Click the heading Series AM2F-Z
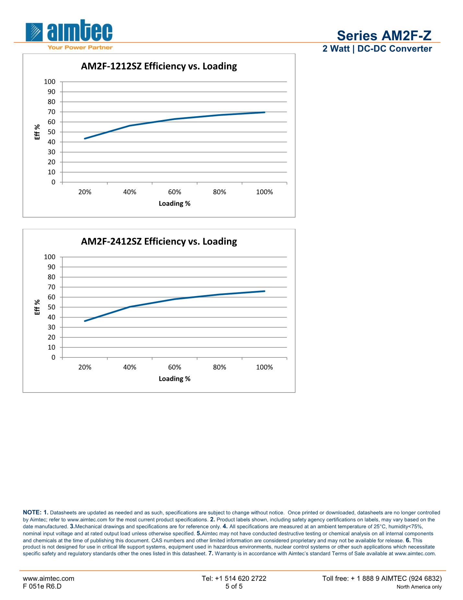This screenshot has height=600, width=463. [x=384, y=35]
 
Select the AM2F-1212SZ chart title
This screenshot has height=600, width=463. [x=159, y=66]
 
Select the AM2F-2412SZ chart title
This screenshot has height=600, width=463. [x=159, y=242]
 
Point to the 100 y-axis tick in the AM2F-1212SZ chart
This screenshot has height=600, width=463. [x=50, y=81]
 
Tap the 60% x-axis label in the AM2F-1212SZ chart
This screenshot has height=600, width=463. [x=174, y=192]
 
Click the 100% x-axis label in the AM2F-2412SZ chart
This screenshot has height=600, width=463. [x=264, y=367]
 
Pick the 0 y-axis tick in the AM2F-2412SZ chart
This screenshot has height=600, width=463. [x=53, y=357]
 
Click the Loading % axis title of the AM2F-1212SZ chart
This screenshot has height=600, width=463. [x=174, y=204]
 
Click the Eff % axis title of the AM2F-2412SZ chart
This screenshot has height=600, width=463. [x=38, y=307]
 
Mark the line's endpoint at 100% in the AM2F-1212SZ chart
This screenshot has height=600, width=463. [x=265, y=112]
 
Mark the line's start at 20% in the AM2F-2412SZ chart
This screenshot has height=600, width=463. [x=85, y=321]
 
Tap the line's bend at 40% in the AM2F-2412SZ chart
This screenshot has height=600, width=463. [x=130, y=307]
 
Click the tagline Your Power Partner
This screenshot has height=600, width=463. [x=80, y=47]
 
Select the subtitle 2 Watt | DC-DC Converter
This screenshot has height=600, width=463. [x=377, y=49]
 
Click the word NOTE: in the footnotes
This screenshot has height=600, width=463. [x=32, y=512]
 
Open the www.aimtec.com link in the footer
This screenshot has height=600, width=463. [x=48, y=578]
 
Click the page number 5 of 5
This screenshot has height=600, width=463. [x=234, y=586]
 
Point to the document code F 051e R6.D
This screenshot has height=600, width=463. [x=42, y=586]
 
